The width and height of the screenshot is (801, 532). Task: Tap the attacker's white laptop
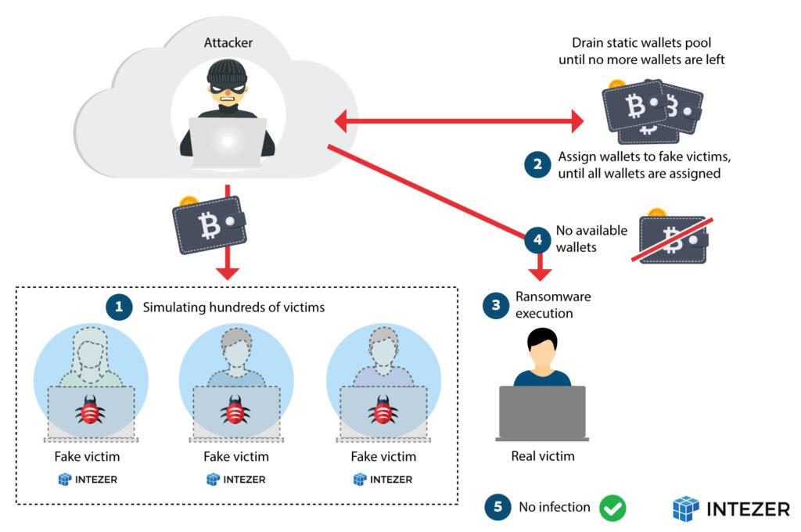point(227,143)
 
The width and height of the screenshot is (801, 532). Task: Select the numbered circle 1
point(119,308)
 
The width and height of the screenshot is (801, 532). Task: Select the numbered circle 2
point(537,164)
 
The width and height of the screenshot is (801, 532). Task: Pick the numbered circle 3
point(495,305)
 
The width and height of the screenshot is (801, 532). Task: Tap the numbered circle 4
point(537,239)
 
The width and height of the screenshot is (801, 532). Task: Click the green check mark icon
point(612,508)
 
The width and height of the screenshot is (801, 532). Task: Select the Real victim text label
point(542,456)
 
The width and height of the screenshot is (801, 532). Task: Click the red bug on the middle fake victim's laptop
point(233,409)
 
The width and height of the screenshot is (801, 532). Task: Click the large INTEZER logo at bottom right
point(731,509)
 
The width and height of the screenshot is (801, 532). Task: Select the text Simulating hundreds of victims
point(233,308)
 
